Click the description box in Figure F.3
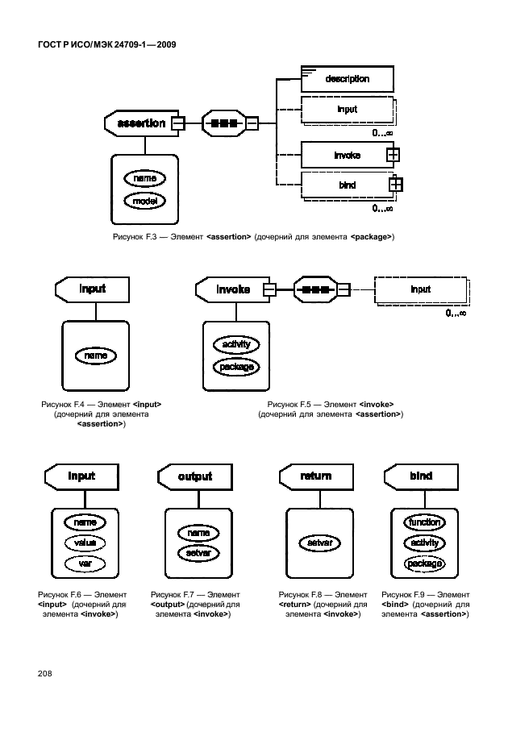(x=347, y=79)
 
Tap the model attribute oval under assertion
(x=145, y=199)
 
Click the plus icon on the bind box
(x=395, y=185)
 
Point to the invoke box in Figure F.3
(x=347, y=155)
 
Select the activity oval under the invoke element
(x=236, y=345)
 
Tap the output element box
(x=194, y=476)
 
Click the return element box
(x=315, y=476)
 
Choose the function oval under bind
(x=423, y=522)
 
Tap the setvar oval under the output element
(x=198, y=553)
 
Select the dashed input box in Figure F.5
(x=421, y=290)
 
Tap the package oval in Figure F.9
(x=423, y=563)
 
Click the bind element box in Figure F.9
(x=420, y=476)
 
